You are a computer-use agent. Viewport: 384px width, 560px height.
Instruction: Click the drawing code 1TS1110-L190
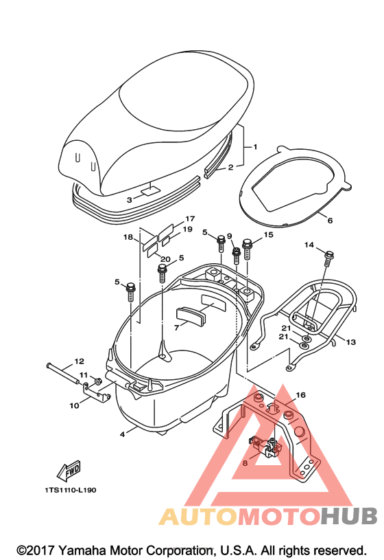pos(70,490)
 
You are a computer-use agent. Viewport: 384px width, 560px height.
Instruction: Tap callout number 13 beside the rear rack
pos(351,342)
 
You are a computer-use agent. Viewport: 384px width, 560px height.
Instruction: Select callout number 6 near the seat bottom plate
pos(330,221)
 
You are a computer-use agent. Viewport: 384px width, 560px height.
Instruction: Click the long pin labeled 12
pos(63,374)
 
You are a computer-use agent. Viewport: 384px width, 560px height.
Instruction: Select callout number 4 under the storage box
pos(122,434)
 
